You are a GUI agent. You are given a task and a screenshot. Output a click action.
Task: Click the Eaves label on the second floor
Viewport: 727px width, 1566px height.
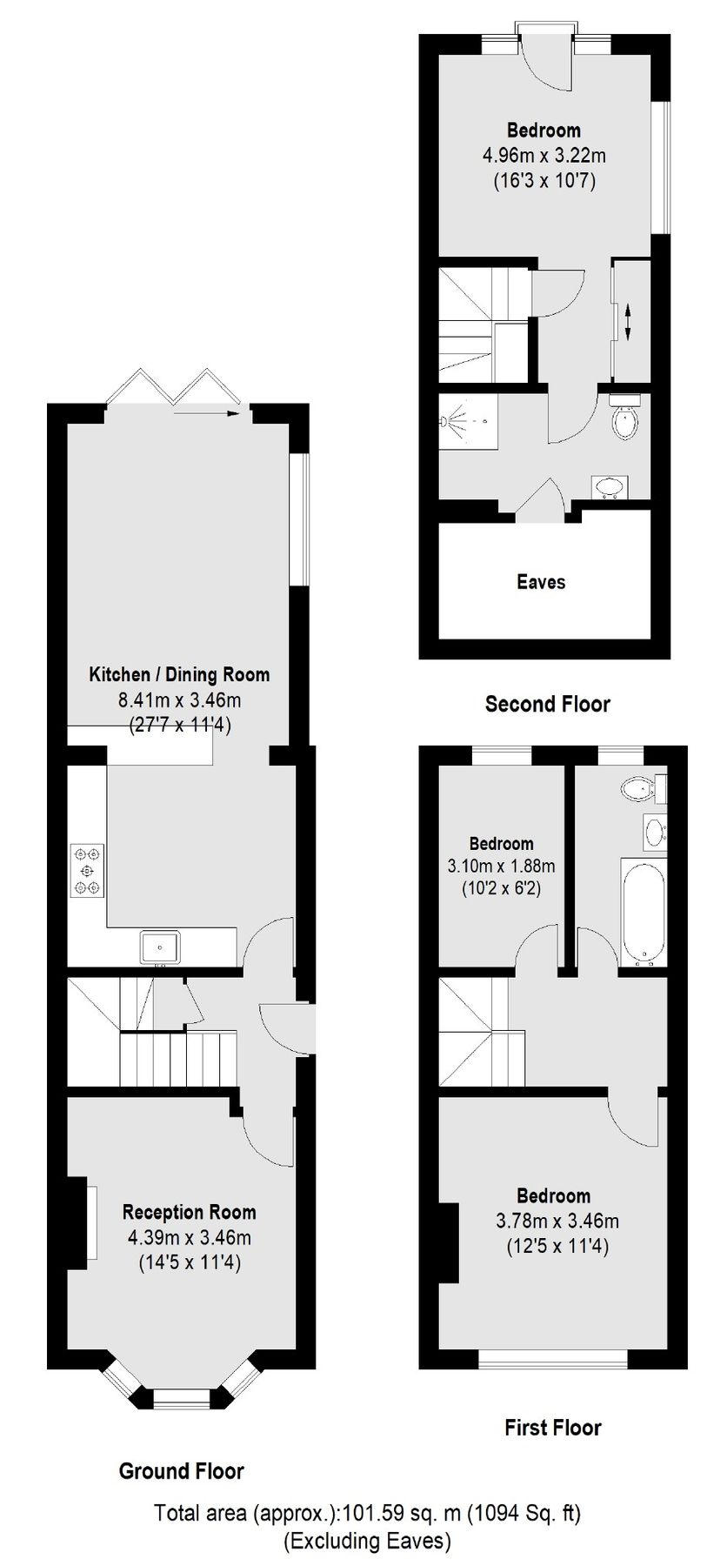[x=541, y=582]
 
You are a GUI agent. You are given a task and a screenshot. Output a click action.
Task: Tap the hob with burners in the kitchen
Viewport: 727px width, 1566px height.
[x=86, y=870]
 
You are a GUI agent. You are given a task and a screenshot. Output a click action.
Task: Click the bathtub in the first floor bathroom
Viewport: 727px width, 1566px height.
[x=644, y=911]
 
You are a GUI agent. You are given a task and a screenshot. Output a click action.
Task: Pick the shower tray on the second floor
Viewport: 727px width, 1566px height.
[x=469, y=421]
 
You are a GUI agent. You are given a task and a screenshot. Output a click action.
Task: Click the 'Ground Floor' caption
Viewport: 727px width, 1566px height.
[x=181, y=1470]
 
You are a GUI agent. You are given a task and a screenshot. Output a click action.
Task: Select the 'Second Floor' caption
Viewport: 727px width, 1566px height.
[x=548, y=703]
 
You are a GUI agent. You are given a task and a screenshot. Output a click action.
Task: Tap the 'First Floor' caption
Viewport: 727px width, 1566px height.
[x=553, y=1427]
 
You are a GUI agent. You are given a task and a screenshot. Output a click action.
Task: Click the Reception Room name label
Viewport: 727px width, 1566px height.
[x=190, y=1211]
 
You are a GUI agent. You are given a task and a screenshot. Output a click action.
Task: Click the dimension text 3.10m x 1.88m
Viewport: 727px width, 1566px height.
[x=501, y=867]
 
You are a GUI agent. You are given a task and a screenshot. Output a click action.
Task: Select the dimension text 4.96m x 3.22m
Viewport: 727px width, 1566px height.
[x=544, y=156]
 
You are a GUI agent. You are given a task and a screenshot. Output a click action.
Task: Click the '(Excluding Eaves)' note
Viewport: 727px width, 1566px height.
[x=367, y=1542]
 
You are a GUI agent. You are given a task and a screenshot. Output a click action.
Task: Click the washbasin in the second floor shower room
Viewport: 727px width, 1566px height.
[x=611, y=488]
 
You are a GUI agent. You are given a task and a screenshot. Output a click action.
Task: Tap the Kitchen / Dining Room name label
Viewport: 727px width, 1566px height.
[x=179, y=674]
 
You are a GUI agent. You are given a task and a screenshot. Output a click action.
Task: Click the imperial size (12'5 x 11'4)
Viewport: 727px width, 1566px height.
[x=557, y=1246]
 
